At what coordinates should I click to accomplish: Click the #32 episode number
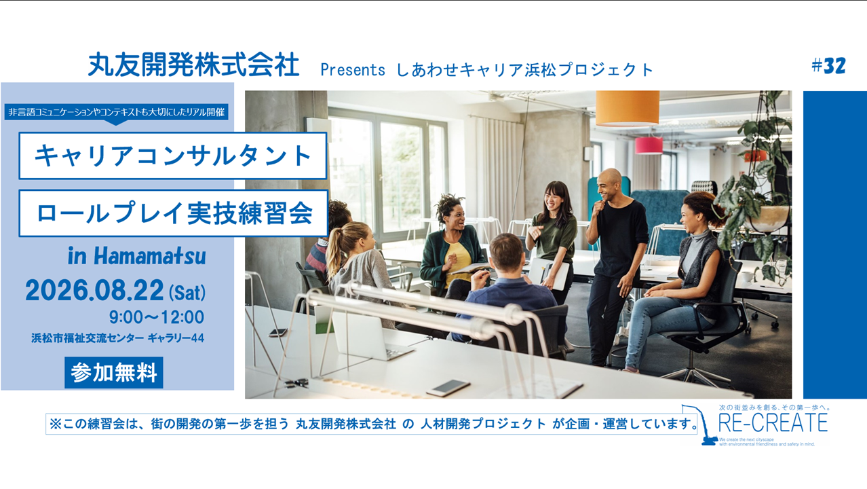[828, 66]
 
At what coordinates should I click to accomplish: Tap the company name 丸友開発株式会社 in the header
[193, 65]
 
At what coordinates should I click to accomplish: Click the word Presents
[353, 70]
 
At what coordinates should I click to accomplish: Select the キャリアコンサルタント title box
[173, 156]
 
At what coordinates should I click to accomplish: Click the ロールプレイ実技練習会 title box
[174, 213]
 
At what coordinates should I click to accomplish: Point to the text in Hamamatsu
[136, 257]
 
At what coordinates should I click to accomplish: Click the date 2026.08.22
[94, 290]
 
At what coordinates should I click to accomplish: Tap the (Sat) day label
[187, 293]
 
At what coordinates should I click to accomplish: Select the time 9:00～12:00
[156, 317]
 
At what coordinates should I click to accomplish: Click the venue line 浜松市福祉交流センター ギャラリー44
[117, 338]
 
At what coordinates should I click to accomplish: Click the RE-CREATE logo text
[773, 422]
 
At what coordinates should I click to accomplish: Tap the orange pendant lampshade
[628, 108]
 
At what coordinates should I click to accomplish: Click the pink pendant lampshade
[649, 145]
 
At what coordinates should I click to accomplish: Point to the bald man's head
[609, 183]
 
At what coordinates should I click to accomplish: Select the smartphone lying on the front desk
[448, 388]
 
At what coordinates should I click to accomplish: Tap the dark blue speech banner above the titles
[116, 112]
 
